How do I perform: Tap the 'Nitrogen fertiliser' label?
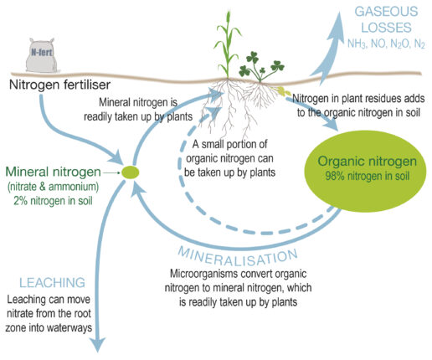61,85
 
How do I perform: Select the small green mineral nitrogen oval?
130,172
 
